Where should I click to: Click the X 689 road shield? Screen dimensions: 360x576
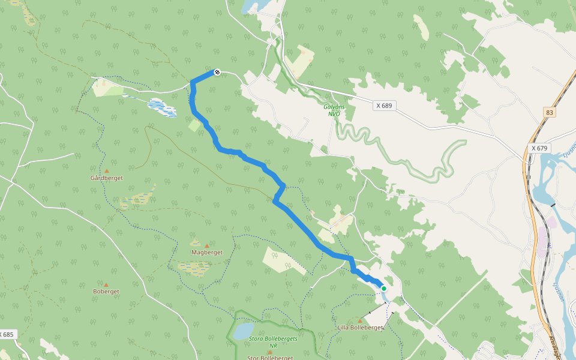(x=384, y=106)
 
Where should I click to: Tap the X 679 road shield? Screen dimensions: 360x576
(x=540, y=148)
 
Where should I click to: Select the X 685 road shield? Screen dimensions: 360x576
(x=7, y=334)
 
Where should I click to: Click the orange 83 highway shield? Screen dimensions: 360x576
(x=550, y=112)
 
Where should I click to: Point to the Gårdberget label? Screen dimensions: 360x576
(x=106, y=178)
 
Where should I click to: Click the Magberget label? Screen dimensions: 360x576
(x=207, y=253)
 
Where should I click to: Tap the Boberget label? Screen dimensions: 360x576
(x=106, y=292)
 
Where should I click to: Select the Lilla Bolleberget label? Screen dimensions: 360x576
(x=360, y=328)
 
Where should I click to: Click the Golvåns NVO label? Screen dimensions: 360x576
(x=332, y=110)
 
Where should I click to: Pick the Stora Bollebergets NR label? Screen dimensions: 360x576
(x=273, y=341)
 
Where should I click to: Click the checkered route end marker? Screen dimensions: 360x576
(x=217, y=73)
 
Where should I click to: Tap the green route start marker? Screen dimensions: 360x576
(x=384, y=289)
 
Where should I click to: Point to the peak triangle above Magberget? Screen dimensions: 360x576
(x=208, y=245)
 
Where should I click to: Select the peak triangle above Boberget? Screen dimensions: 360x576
(x=106, y=284)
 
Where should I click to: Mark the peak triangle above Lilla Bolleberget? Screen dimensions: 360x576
(x=360, y=320)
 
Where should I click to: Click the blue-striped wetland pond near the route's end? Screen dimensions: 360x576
(x=162, y=108)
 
